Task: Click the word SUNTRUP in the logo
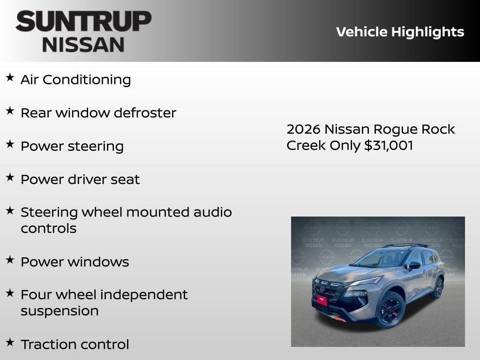(83, 22)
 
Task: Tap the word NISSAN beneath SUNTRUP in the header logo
(83, 45)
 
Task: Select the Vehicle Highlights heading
(400, 32)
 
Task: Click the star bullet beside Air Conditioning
(10, 77)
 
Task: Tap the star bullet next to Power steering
(10, 144)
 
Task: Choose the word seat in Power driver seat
(125, 180)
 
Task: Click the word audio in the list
(213, 212)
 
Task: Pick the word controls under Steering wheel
(48, 229)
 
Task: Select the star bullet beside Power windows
(10, 260)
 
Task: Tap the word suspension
(60, 311)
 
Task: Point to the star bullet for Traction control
(10, 342)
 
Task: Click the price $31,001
(389, 145)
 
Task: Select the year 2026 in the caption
(303, 129)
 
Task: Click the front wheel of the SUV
(390, 310)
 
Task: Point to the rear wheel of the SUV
(437, 288)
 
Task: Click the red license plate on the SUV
(322, 300)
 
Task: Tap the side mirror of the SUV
(414, 266)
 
